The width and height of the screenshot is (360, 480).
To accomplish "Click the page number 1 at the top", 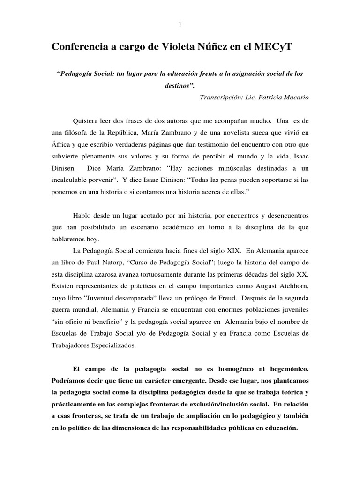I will click(180, 24).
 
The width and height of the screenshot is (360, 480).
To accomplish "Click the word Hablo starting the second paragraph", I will click(82, 215).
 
